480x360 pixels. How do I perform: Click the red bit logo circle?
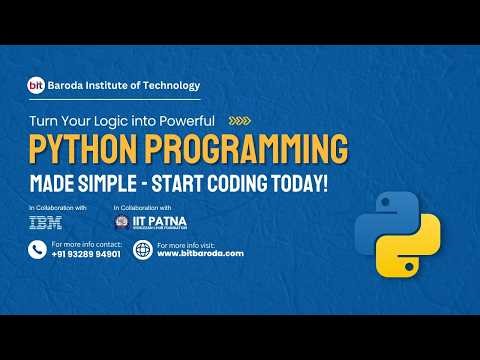[35, 86]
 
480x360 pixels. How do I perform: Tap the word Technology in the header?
[170, 86]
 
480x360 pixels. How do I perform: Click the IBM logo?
[46, 222]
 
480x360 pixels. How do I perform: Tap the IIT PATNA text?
[149, 221]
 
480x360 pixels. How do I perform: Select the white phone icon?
[38, 250]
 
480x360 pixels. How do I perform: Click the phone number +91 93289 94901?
[86, 254]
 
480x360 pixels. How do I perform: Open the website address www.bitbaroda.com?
[200, 254]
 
